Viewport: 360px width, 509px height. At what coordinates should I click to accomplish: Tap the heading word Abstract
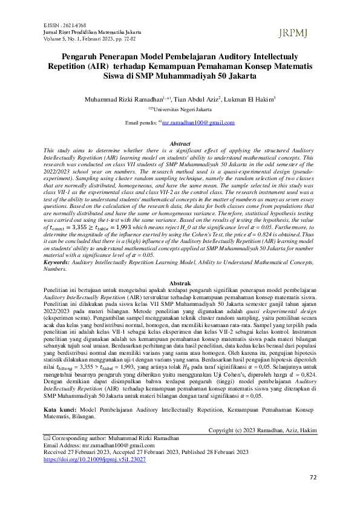coord(180,144)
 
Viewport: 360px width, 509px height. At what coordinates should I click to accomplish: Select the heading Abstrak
coord(180,284)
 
